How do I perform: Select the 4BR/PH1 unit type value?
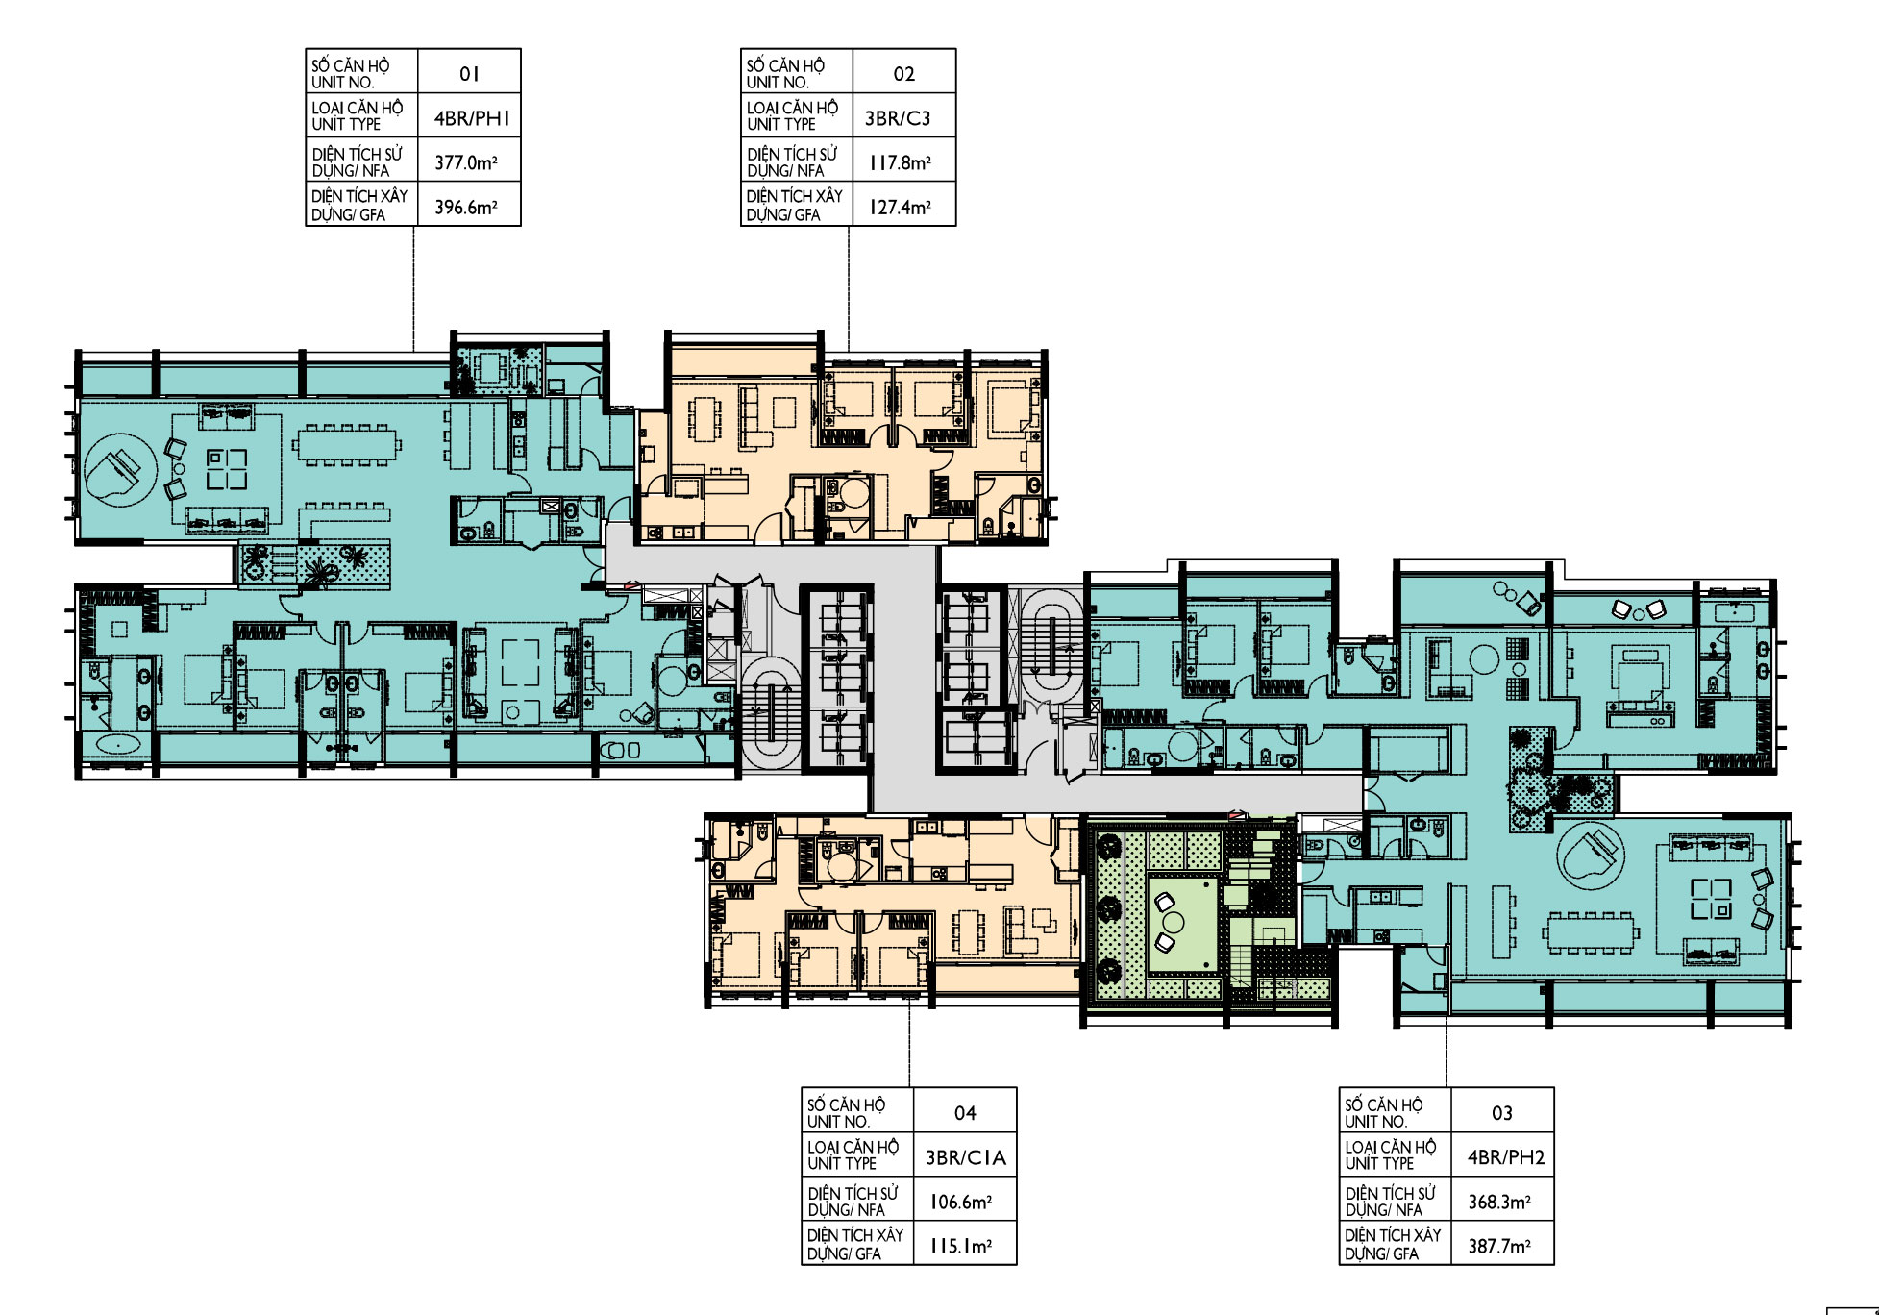(x=472, y=118)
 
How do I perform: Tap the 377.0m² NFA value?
(x=466, y=162)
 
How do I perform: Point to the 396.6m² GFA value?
(x=466, y=207)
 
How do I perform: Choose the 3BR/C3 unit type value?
(x=898, y=118)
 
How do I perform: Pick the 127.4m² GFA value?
(x=901, y=207)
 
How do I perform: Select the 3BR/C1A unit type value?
(x=965, y=1157)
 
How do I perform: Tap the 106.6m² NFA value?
(x=961, y=1202)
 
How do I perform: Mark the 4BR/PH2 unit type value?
(x=1505, y=1157)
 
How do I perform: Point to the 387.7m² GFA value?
(x=1499, y=1246)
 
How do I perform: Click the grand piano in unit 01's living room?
(x=120, y=469)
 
